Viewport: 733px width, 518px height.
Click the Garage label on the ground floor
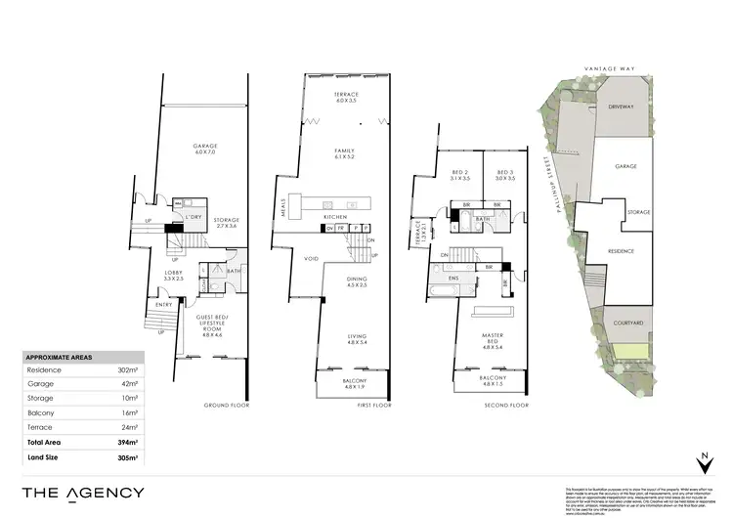204,149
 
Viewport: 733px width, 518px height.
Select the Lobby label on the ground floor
174,275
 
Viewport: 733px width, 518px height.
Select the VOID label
312,259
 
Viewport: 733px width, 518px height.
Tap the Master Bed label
493,339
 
